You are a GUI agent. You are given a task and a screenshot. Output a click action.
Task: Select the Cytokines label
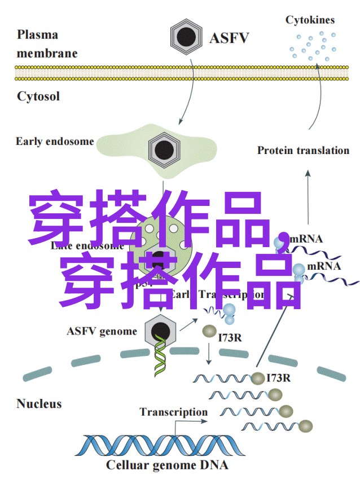coord(310,20)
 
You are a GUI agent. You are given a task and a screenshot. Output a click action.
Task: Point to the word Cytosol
coord(38,96)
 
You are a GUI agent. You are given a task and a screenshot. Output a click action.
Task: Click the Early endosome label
coord(55,141)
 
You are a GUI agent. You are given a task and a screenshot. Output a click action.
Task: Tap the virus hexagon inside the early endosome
coord(164,149)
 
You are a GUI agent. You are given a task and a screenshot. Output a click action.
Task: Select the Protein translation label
coord(303,150)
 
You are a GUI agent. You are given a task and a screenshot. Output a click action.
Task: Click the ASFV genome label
coord(102,331)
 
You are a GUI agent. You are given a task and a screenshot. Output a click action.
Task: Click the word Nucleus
coord(39,404)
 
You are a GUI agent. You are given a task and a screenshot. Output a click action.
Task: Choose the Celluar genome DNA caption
coord(167,465)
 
